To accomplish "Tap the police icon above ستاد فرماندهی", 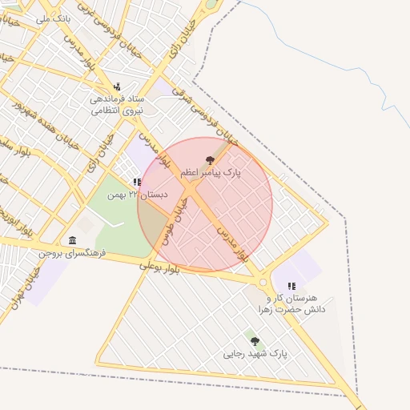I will point(118,86).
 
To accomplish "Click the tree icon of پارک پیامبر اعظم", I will point(211,160).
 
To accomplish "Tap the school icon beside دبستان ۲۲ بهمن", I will point(137,183).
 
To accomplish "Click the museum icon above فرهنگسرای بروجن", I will point(73,241).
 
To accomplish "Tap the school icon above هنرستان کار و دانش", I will point(291,286).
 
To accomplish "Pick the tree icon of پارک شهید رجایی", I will point(255,341).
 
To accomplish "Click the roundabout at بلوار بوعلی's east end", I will point(263,283).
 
